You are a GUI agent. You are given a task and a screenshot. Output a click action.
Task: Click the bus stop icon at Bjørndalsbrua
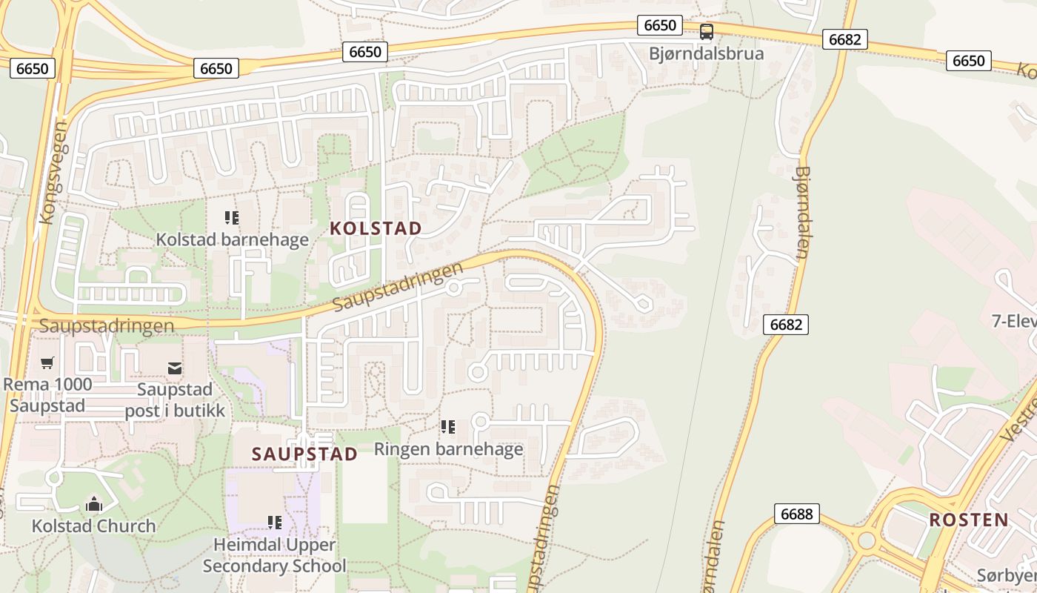[707, 32]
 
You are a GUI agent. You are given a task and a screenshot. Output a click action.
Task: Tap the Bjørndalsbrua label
[706, 53]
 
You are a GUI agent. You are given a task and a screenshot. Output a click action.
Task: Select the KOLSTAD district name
[376, 228]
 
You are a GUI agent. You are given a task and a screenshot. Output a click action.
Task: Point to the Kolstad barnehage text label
[232, 239]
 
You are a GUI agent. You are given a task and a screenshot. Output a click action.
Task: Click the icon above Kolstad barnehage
[232, 218]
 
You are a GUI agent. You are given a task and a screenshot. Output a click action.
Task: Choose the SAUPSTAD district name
[304, 454]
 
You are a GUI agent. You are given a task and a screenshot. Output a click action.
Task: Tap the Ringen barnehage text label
[448, 448]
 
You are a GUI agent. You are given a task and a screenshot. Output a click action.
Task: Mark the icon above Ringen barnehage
[447, 427]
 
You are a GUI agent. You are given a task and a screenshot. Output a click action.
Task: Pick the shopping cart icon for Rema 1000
[47, 363]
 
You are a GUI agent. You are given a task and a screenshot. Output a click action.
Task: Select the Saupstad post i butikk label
[175, 400]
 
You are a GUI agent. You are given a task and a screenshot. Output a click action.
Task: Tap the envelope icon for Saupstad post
[175, 368]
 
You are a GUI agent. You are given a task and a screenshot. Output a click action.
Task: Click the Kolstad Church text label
[93, 526]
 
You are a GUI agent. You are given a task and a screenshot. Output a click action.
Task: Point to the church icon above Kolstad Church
[93, 505]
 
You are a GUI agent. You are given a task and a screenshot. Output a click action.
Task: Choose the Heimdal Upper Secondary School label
[274, 555]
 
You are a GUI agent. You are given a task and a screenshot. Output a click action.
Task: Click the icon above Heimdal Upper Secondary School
[275, 523]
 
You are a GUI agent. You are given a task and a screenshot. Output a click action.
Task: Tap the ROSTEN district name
[969, 520]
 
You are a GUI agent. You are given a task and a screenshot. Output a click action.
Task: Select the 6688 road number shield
[796, 514]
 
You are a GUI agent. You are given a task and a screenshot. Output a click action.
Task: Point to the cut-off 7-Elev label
[1013, 321]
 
